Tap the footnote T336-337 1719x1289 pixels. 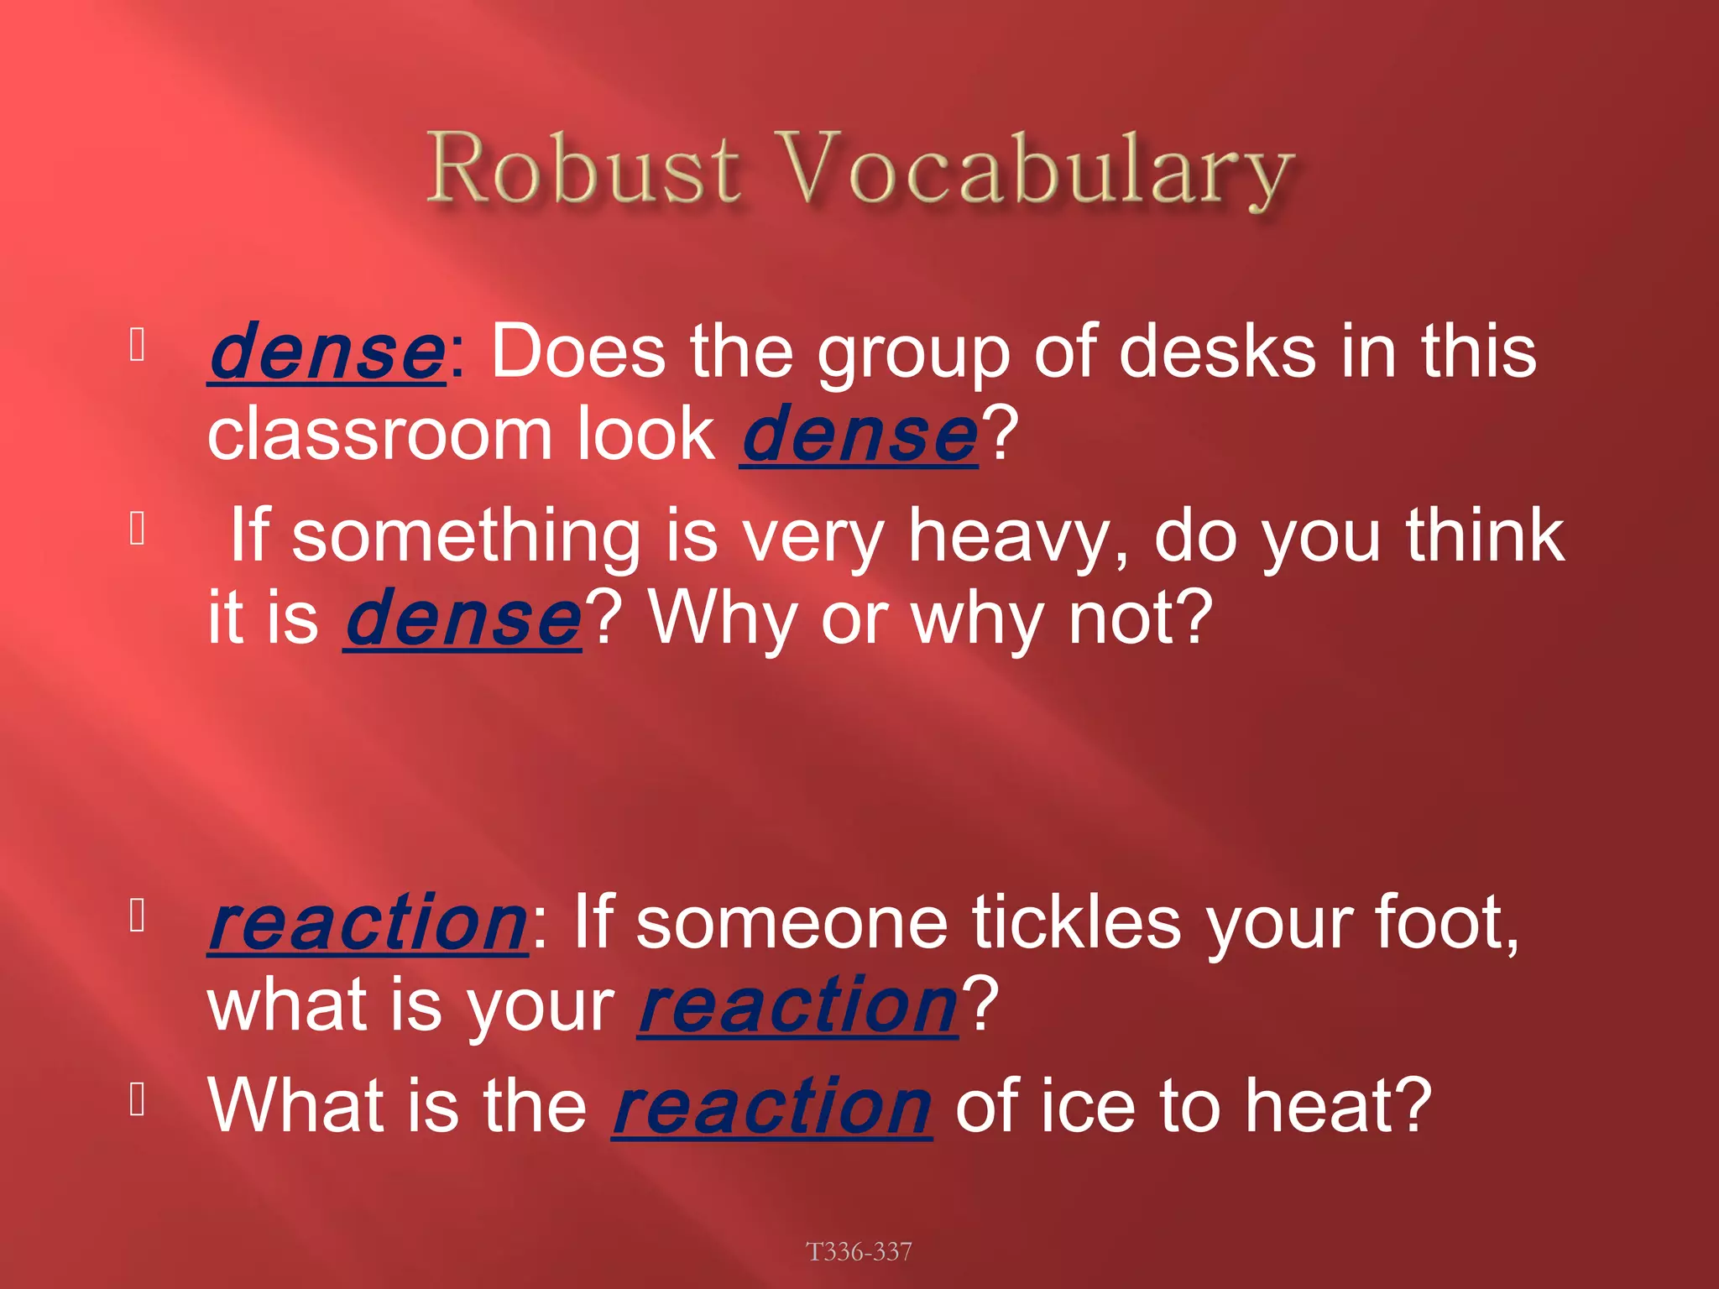(859, 1251)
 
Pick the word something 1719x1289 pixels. (466, 537)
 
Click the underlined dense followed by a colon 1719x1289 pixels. (327, 352)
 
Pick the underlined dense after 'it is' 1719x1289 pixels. (462, 619)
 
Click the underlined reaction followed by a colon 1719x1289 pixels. (368, 923)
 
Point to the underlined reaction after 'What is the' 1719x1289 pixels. (771, 1106)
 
